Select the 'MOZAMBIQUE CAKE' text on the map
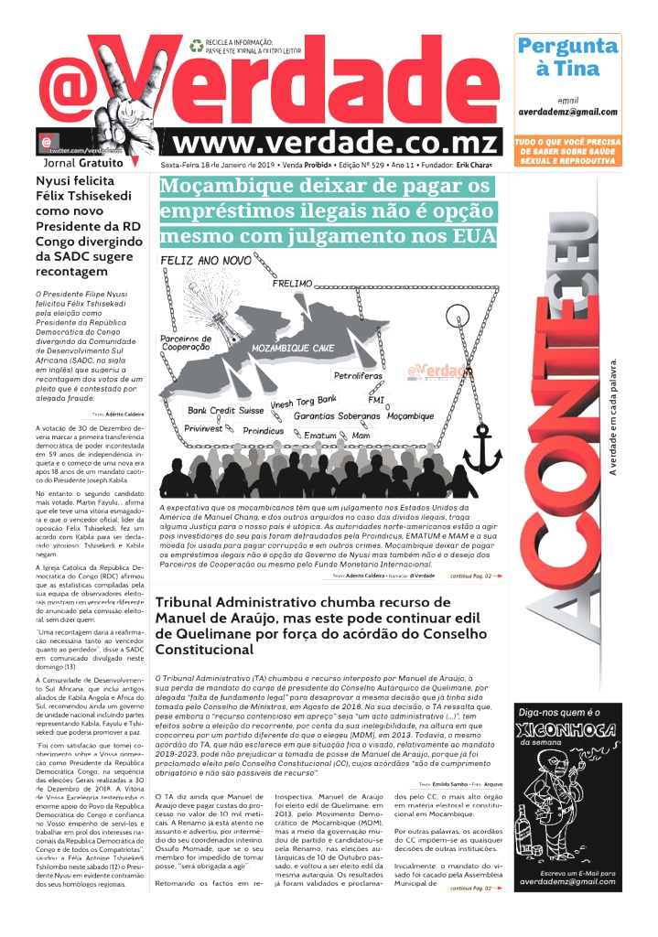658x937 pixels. click(x=293, y=349)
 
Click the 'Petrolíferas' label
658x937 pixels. click(x=358, y=376)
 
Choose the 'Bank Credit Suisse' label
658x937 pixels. click(x=225, y=411)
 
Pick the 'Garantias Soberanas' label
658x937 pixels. click(x=337, y=416)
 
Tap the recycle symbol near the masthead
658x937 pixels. click(x=196, y=44)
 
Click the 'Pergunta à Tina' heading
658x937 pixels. click(x=567, y=57)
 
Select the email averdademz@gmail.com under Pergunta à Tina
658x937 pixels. click(x=567, y=112)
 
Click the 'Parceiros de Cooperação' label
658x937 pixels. click(x=186, y=342)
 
